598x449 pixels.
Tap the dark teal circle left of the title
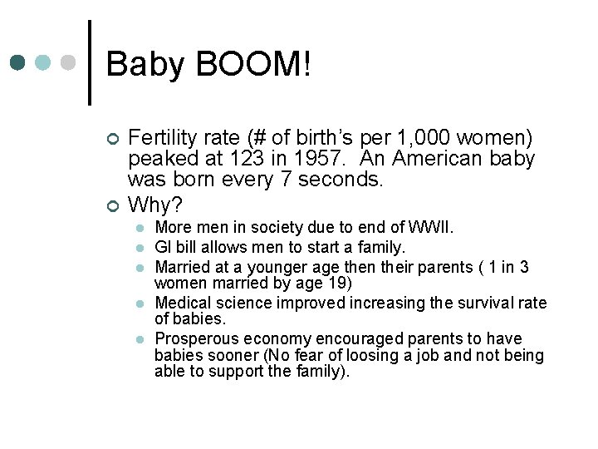(x=18, y=63)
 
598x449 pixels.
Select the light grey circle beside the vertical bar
(x=70, y=63)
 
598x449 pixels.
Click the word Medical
(x=183, y=303)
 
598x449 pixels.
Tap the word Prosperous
(x=195, y=338)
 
